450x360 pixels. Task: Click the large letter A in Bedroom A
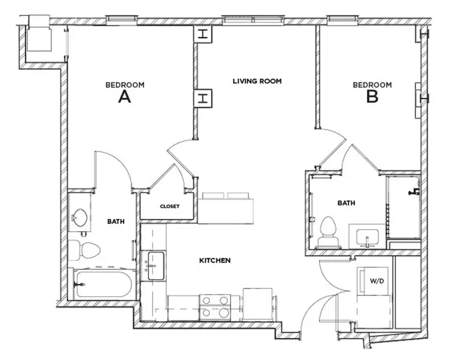click(x=125, y=97)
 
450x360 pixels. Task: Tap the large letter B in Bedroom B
click(x=372, y=97)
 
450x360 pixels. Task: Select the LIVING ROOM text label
click(x=257, y=81)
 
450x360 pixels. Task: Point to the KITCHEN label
click(x=215, y=261)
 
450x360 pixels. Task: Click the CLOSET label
click(x=169, y=207)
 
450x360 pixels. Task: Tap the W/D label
click(x=376, y=281)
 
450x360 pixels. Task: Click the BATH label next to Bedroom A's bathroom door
click(x=116, y=222)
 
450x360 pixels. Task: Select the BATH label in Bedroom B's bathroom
click(x=346, y=203)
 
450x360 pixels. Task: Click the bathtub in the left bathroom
click(x=102, y=283)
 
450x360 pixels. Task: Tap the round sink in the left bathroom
click(x=79, y=216)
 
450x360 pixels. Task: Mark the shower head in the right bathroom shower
click(x=415, y=192)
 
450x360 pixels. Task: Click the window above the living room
click(x=252, y=19)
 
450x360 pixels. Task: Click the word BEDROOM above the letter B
click(x=372, y=85)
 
